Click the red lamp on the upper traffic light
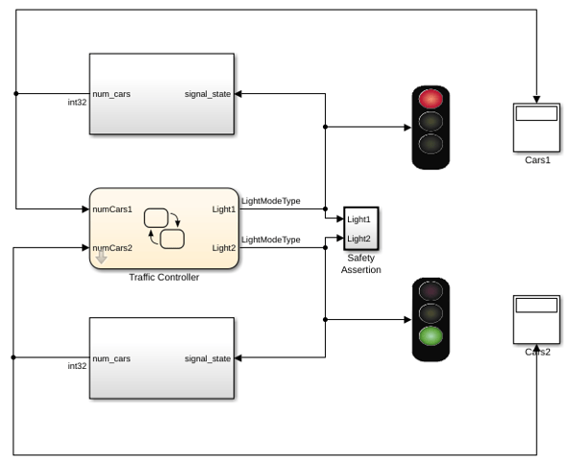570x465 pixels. (x=431, y=99)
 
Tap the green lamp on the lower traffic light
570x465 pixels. (x=431, y=336)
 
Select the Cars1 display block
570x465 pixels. (x=536, y=128)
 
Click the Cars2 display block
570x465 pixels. (x=536, y=319)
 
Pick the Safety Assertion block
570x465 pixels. (x=361, y=229)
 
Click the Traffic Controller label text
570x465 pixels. (x=164, y=278)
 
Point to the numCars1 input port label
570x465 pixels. (x=112, y=209)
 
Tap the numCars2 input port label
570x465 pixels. (x=112, y=248)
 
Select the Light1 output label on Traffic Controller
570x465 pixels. (x=224, y=209)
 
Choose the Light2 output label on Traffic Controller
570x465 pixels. (x=224, y=248)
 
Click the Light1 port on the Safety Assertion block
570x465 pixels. (x=359, y=219)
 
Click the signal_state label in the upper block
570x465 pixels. (x=208, y=94)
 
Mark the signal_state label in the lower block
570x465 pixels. (x=208, y=358)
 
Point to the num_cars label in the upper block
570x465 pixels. (x=112, y=94)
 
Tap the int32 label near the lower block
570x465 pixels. (x=77, y=366)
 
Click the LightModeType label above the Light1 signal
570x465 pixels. (x=271, y=201)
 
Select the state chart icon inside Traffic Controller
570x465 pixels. (x=164, y=229)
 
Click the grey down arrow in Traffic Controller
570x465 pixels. (x=102, y=257)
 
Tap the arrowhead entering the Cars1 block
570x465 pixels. (x=536, y=100)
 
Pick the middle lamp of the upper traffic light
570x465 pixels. (x=431, y=121)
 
